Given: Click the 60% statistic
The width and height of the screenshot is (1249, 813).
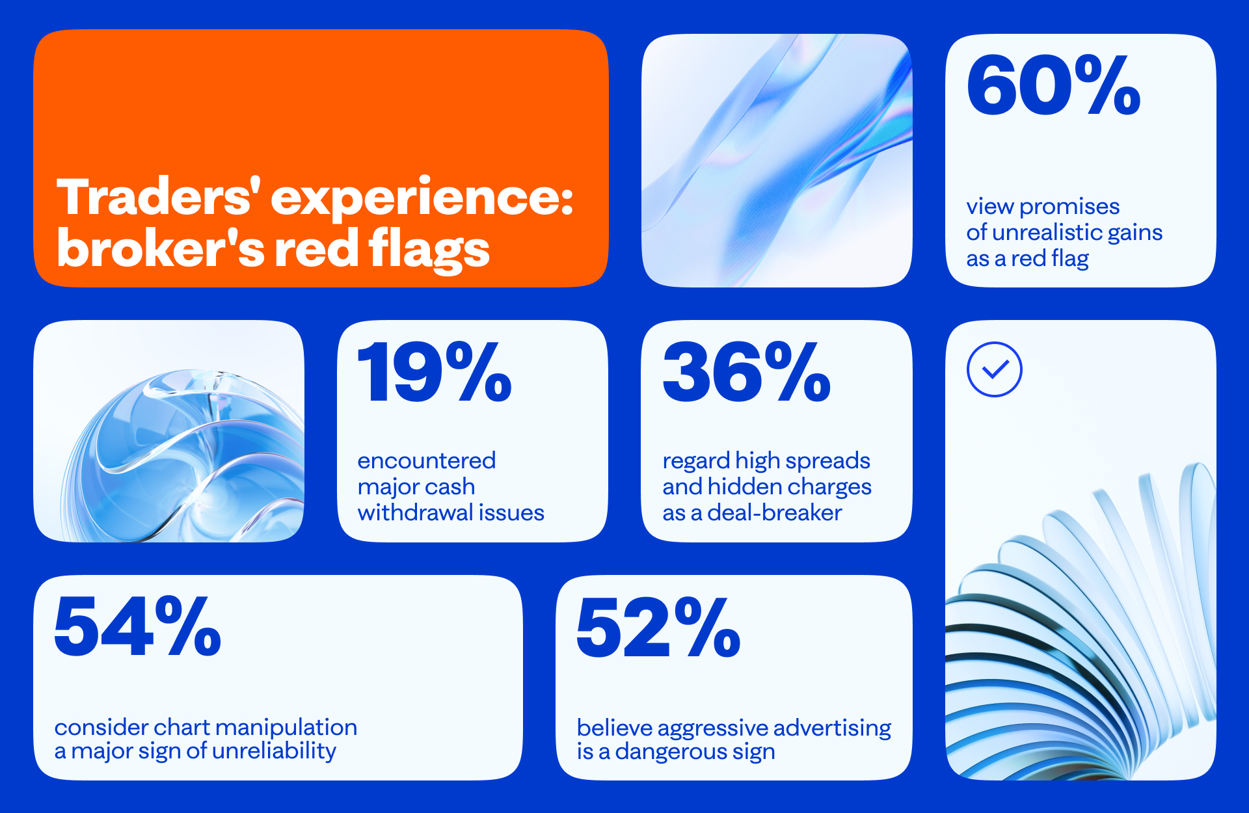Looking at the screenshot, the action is [1054, 85].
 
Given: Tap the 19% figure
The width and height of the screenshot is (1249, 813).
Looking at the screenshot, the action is [435, 372].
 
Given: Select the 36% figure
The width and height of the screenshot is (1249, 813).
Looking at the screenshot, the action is [747, 372].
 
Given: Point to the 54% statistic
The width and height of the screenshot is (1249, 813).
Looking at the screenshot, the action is [138, 626].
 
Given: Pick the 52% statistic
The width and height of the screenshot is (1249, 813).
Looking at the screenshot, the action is [658, 627].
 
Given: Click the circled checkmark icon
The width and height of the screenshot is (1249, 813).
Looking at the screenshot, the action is [995, 369].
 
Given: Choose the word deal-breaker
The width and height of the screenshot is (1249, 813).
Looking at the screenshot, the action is [775, 513].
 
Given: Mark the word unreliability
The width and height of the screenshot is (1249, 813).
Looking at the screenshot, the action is [274, 751].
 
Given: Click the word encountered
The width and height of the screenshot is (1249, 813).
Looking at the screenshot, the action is [427, 460].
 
